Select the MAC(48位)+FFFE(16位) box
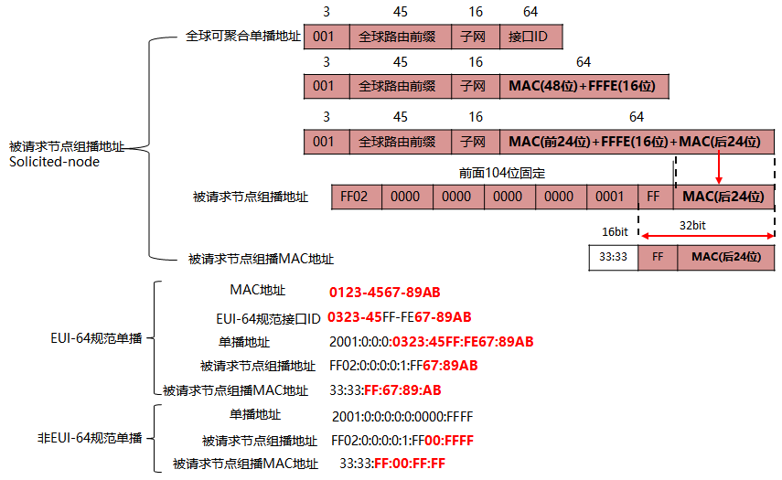584,88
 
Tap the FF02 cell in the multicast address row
355,197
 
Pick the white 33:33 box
613,258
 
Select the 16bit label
615,232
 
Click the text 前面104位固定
502,172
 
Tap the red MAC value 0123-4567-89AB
385,293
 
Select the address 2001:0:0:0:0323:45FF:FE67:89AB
431,342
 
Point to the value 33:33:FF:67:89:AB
385,390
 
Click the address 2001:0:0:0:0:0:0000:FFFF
402,415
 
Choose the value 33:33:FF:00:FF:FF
392,464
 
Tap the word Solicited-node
54,162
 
